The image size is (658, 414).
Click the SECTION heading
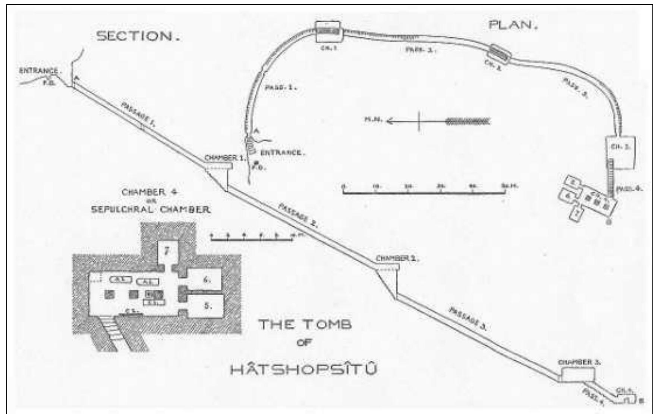point(137,36)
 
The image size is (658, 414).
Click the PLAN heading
point(513,25)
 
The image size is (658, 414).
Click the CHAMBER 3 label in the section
point(579,362)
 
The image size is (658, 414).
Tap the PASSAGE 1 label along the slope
point(138,115)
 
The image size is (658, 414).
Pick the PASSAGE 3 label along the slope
point(468,319)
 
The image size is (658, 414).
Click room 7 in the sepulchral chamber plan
point(167,251)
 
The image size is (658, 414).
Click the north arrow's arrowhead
point(390,121)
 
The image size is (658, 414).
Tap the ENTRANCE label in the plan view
point(282,153)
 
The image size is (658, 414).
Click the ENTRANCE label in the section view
point(38,71)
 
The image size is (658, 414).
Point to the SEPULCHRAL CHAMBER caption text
point(151,209)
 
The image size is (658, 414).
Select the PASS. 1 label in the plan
point(280,88)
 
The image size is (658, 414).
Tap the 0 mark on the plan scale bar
point(343,187)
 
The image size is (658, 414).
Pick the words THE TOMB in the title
point(305,324)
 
